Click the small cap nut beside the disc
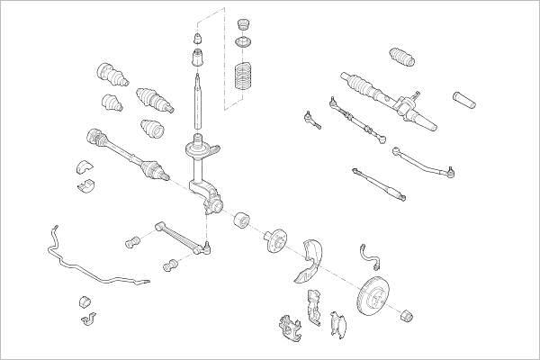(x=407, y=314)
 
